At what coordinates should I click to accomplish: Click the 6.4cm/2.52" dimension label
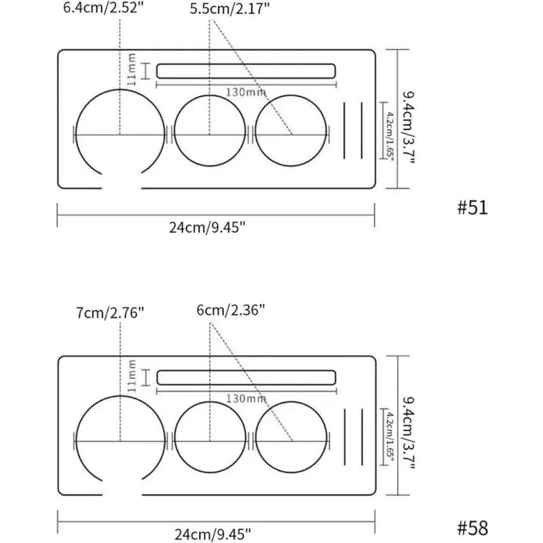(103, 7)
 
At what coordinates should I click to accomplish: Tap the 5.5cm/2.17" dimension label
(229, 9)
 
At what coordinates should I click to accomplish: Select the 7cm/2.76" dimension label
(110, 313)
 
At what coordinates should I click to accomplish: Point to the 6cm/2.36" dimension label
(231, 310)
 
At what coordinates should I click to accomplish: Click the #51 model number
(472, 208)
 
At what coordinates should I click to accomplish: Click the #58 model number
(472, 529)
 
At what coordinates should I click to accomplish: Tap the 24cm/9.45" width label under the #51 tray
(207, 227)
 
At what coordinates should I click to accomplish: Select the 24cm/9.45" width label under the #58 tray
(212, 534)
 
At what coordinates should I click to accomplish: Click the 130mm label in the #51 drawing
(246, 92)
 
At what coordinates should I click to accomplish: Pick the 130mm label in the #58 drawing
(246, 398)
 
